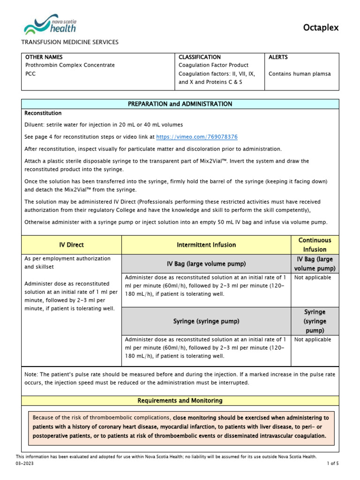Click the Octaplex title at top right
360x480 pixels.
pyautogui.click(x=321, y=28)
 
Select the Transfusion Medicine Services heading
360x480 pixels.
pyautogui.click(x=70, y=42)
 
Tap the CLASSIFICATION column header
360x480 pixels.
pyautogui.click(x=200, y=57)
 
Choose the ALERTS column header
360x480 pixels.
pyautogui.click(x=278, y=57)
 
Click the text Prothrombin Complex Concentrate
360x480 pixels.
pyautogui.click(x=69, y=65)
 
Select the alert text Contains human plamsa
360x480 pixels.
pyautogui.click(x=300, y=74)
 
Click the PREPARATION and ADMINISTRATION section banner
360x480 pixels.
pyautogui.click(x=180, y=104)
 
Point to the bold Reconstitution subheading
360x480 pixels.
pyautogui.click(x=43, y=113)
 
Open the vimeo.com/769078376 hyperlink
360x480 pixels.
pyautogui.click(x=196, y=137)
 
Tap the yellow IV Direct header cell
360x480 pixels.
pyautogui.click(x=72, y=245)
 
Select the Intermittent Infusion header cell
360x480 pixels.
pyautogui.click(x=206, y=245)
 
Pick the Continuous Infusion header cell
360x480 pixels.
pyautogui.click(x=315, y=245)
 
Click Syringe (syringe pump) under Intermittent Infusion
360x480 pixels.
pyautogui.click(x=206, y=321)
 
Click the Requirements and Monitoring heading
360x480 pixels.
pyautogui.click(x=180, y=401)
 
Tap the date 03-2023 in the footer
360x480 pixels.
pyautogui.click(x=25, y=463)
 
